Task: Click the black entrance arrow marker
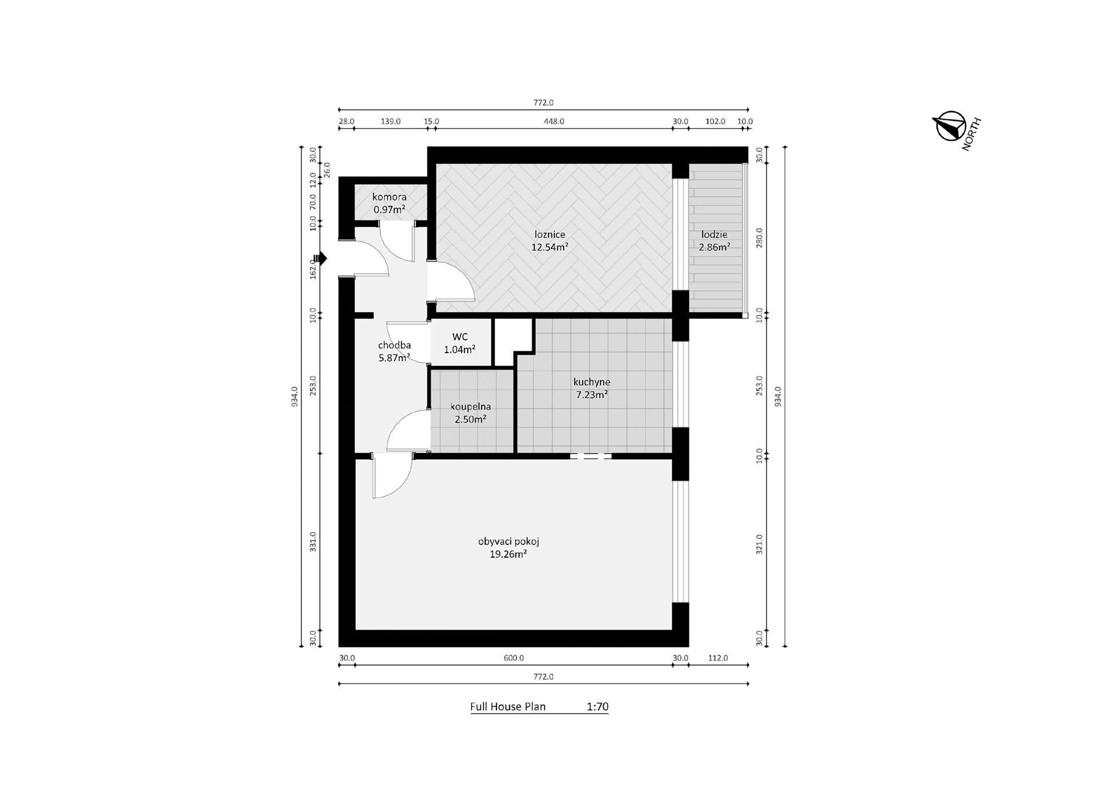pyautogui.click(x=321, y=258)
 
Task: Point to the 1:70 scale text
pyautogui.click(x=597, y=707)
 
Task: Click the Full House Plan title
pyautogui.click(x=507, y=707)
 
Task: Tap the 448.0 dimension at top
pyautogui.click(x=554, y=122)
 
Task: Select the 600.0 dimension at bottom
pyautogui.click(x=513, y=658)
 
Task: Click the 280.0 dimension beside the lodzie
pyautogui.click(x=759, y=238)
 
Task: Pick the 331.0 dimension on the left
pyautogui.click(x=313, y=542)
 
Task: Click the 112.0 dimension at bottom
pyautogui.click(x=718, y=658)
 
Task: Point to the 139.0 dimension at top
pyautogui.click(x=391, y=122)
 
